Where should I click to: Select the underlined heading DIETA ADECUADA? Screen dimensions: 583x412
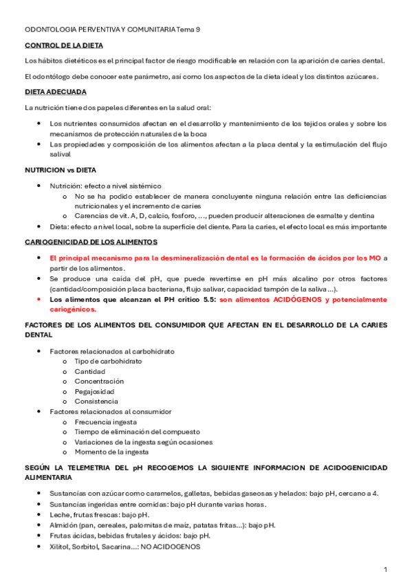tap(55, 91)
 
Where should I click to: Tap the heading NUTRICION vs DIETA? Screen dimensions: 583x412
tap(61, 169)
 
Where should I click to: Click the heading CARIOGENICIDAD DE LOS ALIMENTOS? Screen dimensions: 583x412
tap(91, 242)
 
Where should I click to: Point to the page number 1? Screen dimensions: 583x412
tap(386, 570)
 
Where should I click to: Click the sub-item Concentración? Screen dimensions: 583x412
tap(99, 381)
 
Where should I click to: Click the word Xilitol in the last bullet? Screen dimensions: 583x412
tap(61, 547)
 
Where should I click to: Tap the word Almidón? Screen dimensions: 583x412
tap(64, 525)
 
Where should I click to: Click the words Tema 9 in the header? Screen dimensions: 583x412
tap(188, 30)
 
